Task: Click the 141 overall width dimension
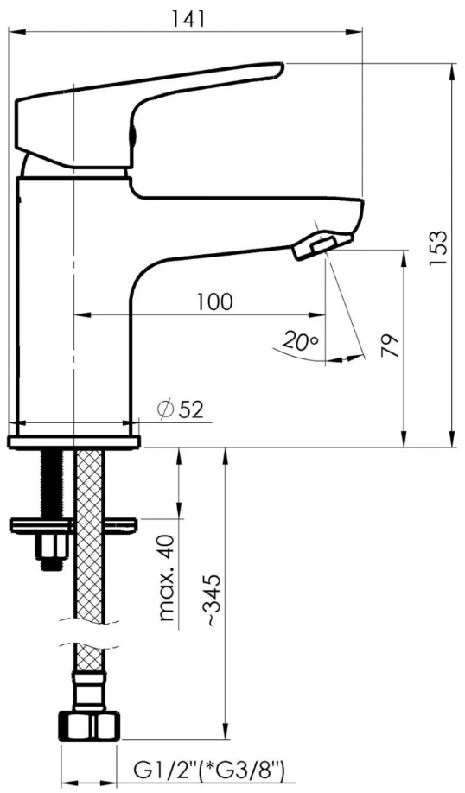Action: pos(188,18)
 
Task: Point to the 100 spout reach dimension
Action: pos(213,301)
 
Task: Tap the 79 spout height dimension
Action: pos(392,345)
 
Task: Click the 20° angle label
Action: pos(300,342)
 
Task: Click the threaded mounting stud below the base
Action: pos(52,484)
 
